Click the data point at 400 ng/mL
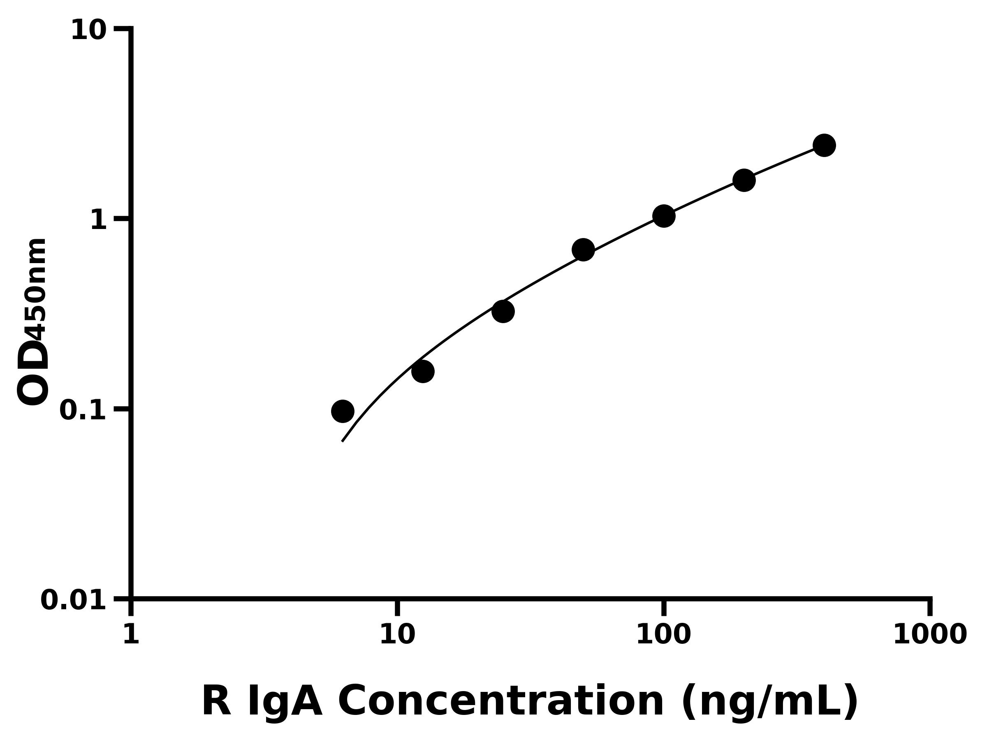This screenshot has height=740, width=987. point(824,146)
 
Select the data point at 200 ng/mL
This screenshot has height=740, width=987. point(744,180)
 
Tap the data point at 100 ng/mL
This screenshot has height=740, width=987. point(663,216)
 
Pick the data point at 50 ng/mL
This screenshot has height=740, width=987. point(583,250)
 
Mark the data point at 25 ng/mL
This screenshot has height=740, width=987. point(503,311)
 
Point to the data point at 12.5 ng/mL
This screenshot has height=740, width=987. point(422,372)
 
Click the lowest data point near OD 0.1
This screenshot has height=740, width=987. point(343,411)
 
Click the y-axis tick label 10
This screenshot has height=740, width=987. point(89,31)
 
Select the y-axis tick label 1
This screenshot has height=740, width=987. point(99,220)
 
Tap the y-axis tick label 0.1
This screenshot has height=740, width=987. point(83,410)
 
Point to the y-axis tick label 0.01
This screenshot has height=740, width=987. point(74,600)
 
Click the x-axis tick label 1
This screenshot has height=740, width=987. point(131,634)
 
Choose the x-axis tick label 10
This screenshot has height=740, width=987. point(397,634)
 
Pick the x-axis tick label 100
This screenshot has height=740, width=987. point(663,634)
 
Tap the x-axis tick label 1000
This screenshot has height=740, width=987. point(930,634)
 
